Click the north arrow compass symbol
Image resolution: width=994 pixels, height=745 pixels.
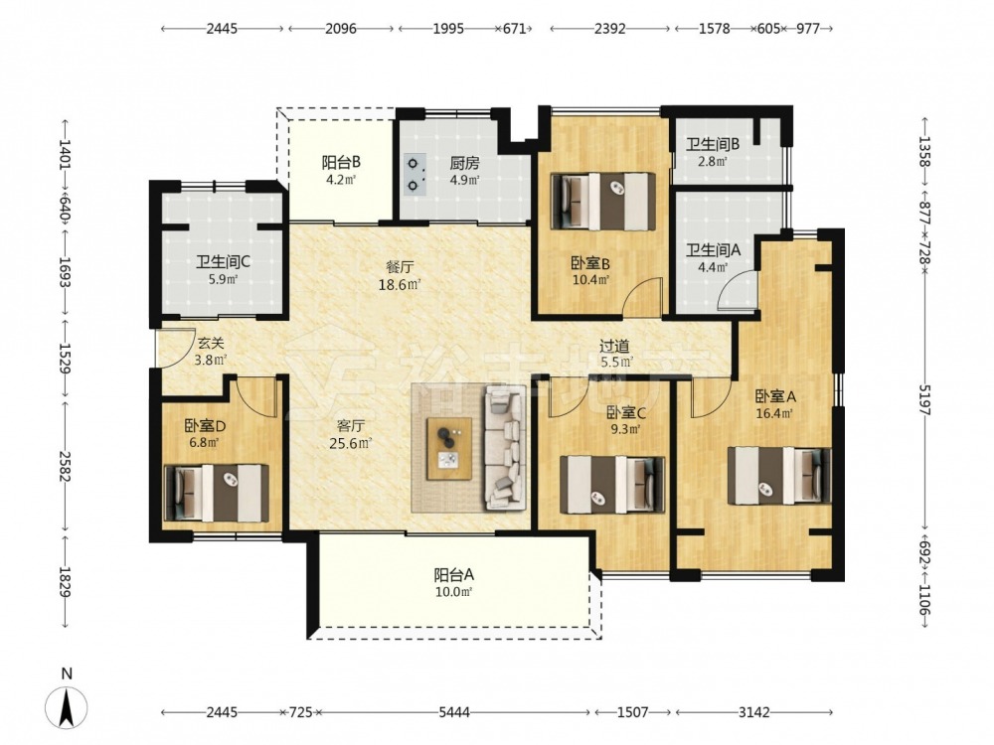66,707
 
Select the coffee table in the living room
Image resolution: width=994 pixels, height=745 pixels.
449,449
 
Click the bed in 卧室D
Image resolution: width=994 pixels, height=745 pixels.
216,494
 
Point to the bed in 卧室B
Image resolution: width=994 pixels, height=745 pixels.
603,201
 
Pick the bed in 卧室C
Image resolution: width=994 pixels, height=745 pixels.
612,485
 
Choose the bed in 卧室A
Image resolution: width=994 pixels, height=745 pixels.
779,476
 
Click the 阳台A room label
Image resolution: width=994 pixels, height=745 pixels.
454,575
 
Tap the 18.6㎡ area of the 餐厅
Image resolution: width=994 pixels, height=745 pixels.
400,285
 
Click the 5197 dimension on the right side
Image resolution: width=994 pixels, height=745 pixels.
923,399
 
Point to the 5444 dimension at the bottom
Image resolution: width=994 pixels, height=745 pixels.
454,712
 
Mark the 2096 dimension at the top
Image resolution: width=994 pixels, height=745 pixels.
341,29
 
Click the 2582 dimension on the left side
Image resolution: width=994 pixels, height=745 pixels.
65,466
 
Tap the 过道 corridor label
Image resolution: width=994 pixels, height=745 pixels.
614,346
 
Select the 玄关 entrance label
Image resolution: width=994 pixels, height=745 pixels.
210,344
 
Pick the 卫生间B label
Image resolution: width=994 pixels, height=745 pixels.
713,144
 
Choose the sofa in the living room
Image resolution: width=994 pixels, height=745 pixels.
505,448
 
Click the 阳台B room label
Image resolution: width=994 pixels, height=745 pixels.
341,163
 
